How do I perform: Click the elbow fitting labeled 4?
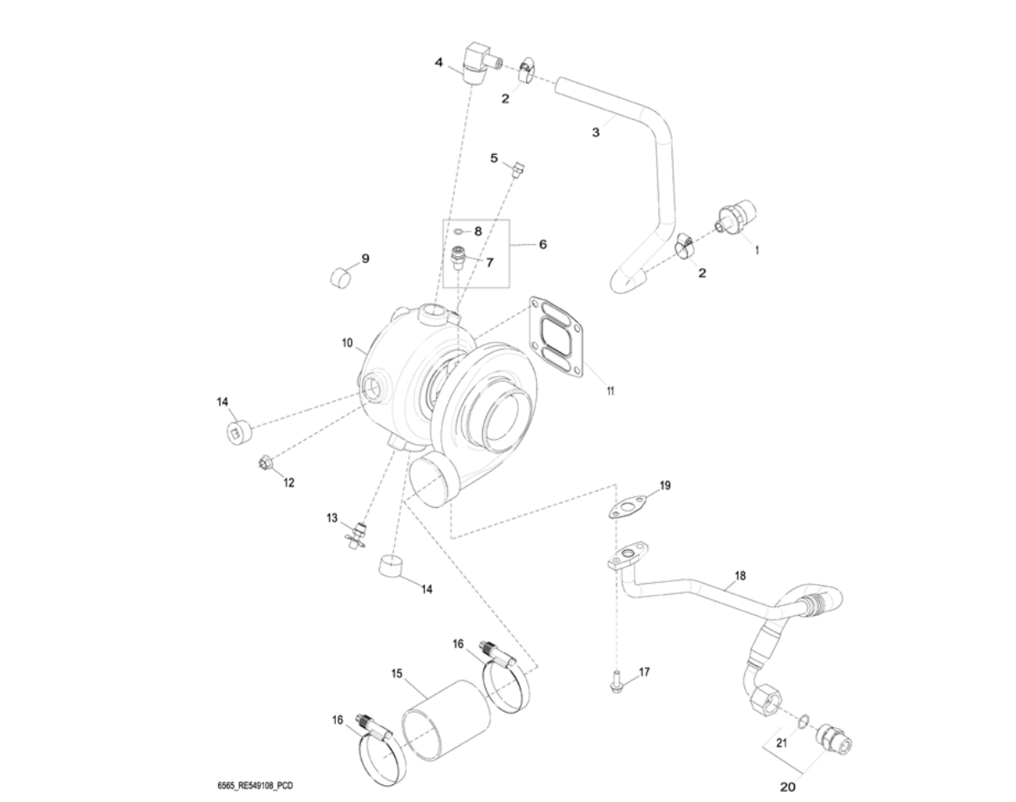(x=476, y=65)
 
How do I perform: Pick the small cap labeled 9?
(x=341, y=275)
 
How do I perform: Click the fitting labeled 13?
(x=359, y=533)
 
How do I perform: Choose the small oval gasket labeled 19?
(x=628, y=505)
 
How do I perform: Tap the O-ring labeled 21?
(x=804, y=720)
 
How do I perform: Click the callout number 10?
(x=346, y=344)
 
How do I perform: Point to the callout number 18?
(x=740, y=576)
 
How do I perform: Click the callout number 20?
(x=787, y=788)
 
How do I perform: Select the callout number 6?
(x=543, y=244)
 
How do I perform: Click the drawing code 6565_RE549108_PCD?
(x=255, y=786)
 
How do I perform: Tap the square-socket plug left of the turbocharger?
(x=237, y=432)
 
